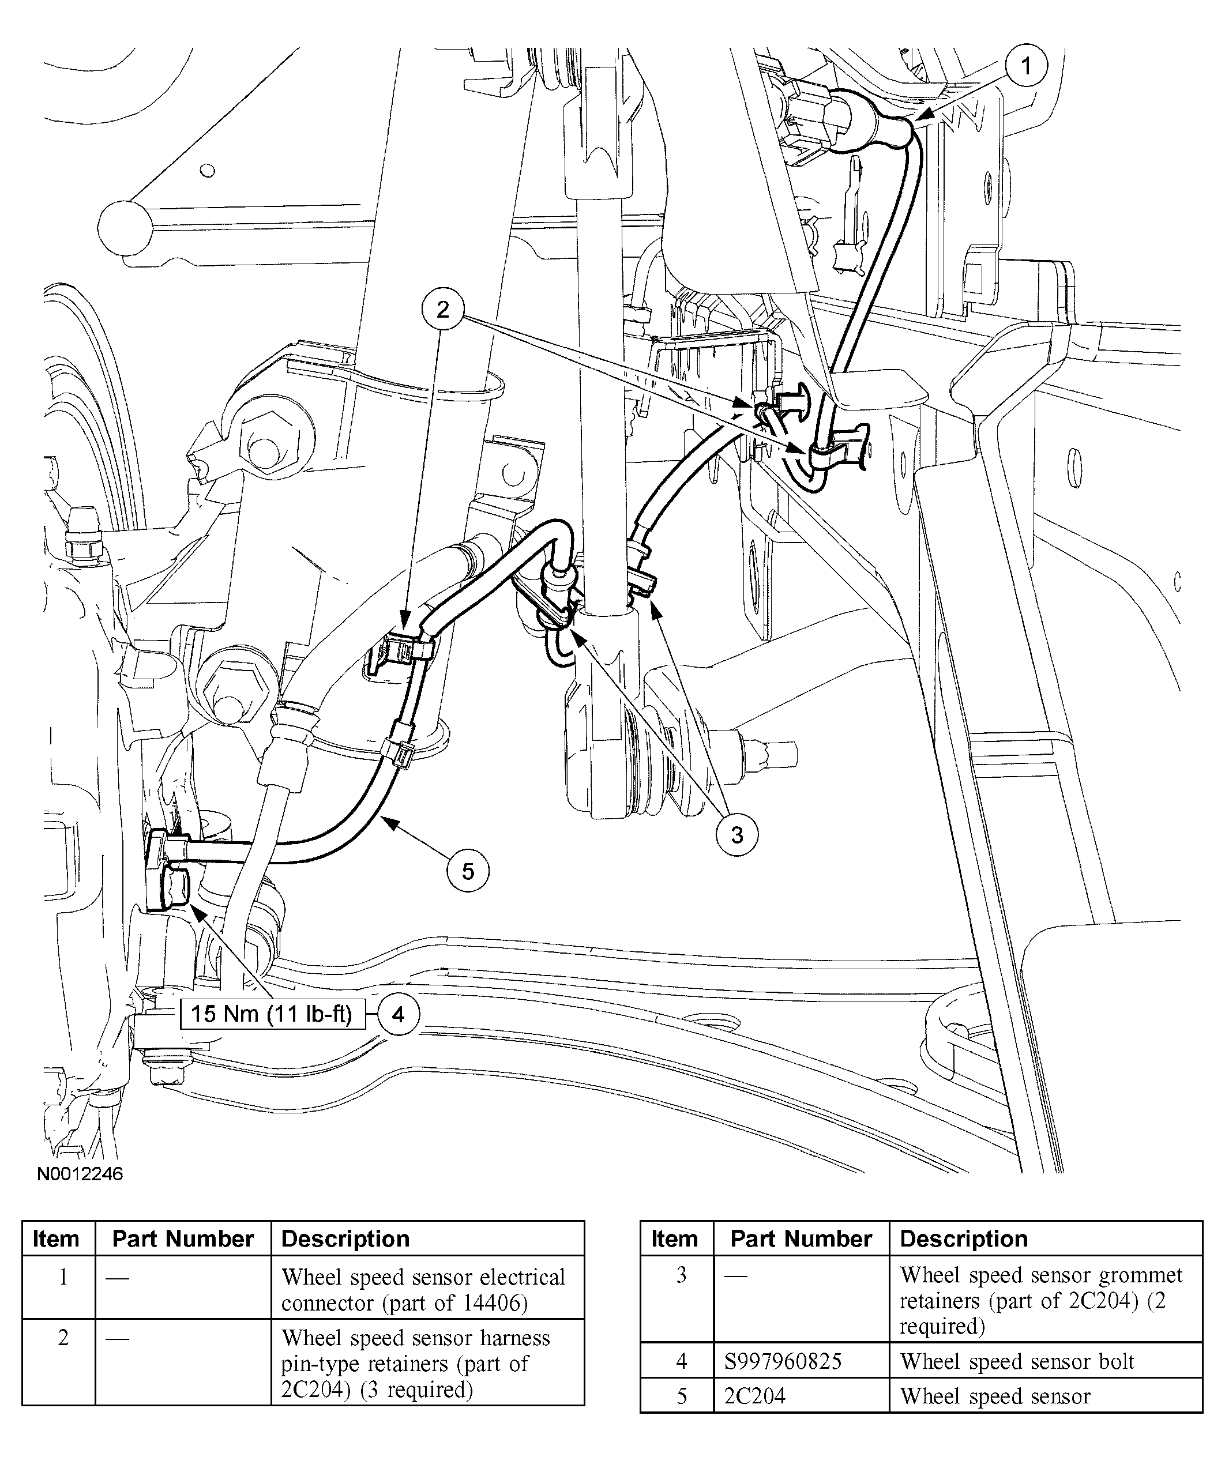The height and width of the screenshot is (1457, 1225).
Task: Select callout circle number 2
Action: point(443,310)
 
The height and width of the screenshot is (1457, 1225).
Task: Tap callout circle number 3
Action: point(737,834)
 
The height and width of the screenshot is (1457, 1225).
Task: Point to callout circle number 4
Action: point(398,1015)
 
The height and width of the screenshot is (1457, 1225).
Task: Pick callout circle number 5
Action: point(467,871)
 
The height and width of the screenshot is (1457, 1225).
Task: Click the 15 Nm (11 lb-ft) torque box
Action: point(272,1014)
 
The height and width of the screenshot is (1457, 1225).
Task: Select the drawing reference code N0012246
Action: point(80,1174)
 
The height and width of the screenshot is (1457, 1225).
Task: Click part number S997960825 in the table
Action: point(783,1361)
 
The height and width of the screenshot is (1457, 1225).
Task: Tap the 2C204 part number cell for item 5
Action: point(755,1395)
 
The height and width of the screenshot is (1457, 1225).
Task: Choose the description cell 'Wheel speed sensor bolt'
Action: point(1017,1361)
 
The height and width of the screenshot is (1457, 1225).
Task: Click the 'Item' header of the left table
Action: point(57,1238)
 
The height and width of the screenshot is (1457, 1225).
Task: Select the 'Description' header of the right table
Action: point(963,1238)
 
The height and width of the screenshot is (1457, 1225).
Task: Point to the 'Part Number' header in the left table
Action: point(183,1238)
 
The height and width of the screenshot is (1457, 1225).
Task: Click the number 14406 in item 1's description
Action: point(494,1303)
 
